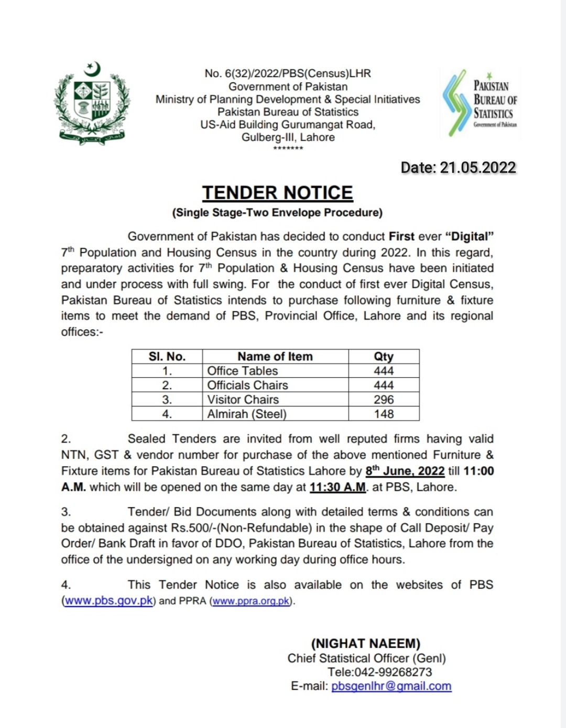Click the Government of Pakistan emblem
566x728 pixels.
[x=92, y=103]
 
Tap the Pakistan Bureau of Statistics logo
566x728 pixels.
[x=480, y=103]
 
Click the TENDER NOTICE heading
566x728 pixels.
[x=278, y=193]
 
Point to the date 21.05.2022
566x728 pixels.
[x=478, y=168]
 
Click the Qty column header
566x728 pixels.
[x=384, y=357]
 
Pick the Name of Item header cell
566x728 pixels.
[x=275, y=357]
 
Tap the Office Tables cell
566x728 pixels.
[x=243, y=371]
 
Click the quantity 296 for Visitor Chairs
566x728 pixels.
[x=384, y=400]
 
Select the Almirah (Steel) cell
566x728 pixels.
[x=247, y=414]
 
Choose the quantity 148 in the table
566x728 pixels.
[x=384, y=414]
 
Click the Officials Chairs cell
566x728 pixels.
[x=247, y=385]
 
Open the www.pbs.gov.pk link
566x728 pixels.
[x=108, y=601]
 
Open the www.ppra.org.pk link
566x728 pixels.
[x=252, y=601]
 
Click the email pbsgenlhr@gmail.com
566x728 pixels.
[x=391, y=686]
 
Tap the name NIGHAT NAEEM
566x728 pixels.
[x=366, y=644]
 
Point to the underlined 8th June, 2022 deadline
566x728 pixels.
[x=405, y=471]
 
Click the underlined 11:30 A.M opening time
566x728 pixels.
[x=338, y=487]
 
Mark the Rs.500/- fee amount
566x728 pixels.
[x=191, y=528]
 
